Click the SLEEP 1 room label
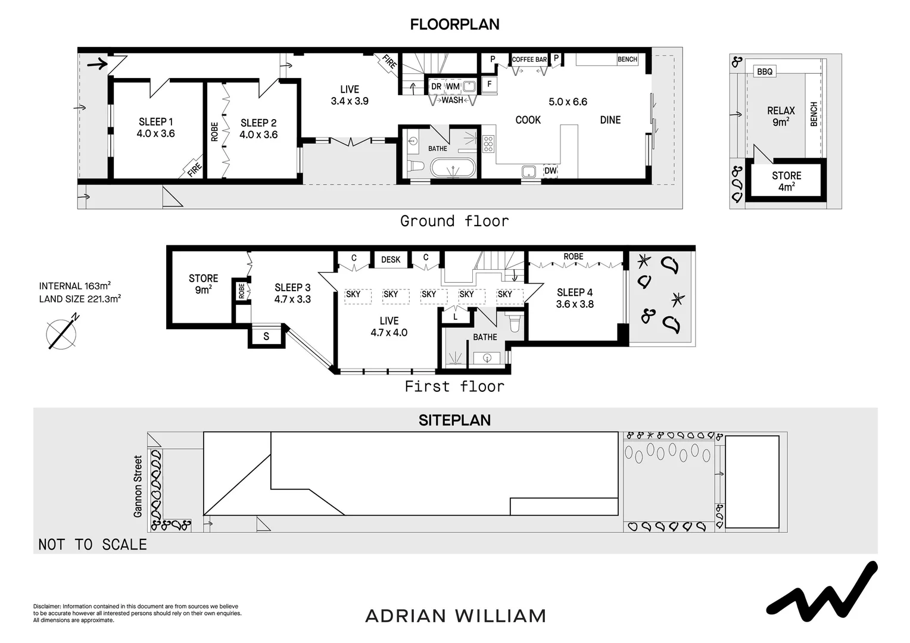click(x=155, y=122)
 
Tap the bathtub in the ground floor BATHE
click(x=453, y=168)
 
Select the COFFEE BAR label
click(x=529, y=60)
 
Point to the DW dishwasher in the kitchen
click(x=550, y=171)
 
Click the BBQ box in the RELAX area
click(x=765, y=71)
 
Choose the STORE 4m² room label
click(x=786, y=181)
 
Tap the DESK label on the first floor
click(x=391, y=260)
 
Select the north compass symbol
click(x=62, y=333)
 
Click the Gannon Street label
click(x=138, y=486)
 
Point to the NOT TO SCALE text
click(x=92, y=544)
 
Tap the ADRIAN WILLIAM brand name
click(x=456, y=616)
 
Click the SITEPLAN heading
click(x=454, y=420)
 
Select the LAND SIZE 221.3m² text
click(x=80, y=299)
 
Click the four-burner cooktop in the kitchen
click(x=488, y=144)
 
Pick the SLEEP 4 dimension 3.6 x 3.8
click(x=575, y=304)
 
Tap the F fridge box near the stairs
click(x=489, y=85)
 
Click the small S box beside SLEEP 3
click(x=266, y=336)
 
